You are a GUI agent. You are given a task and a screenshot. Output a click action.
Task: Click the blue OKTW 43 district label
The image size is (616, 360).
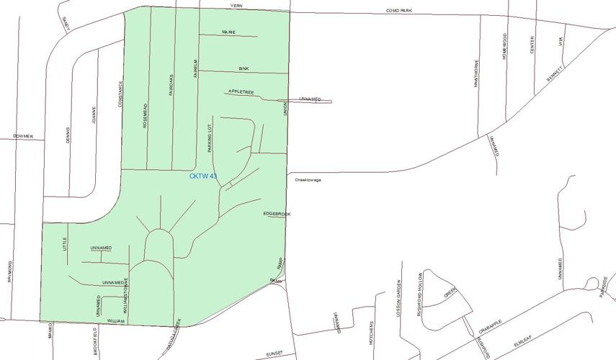[202, 176]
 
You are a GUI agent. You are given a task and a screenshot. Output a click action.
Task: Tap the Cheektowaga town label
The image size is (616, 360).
[308, 180]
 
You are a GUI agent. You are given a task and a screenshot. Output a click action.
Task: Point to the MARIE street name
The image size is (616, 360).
[228, 32]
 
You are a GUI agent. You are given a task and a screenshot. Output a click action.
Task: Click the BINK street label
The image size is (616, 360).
[244, 68]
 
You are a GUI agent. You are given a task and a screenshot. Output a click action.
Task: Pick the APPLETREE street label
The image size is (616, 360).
[241, 92]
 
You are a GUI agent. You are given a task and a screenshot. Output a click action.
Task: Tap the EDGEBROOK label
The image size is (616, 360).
[277, 214]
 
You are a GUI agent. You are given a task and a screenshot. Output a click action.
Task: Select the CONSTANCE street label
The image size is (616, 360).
[120, 93]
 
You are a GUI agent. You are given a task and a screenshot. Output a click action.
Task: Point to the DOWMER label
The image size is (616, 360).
[23, 135]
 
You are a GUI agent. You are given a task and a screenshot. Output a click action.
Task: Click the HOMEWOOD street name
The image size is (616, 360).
[505, 45]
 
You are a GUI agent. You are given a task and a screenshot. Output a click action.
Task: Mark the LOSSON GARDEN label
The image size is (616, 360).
[397, 296]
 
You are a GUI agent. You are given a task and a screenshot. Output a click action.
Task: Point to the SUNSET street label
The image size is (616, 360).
[274, 354]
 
